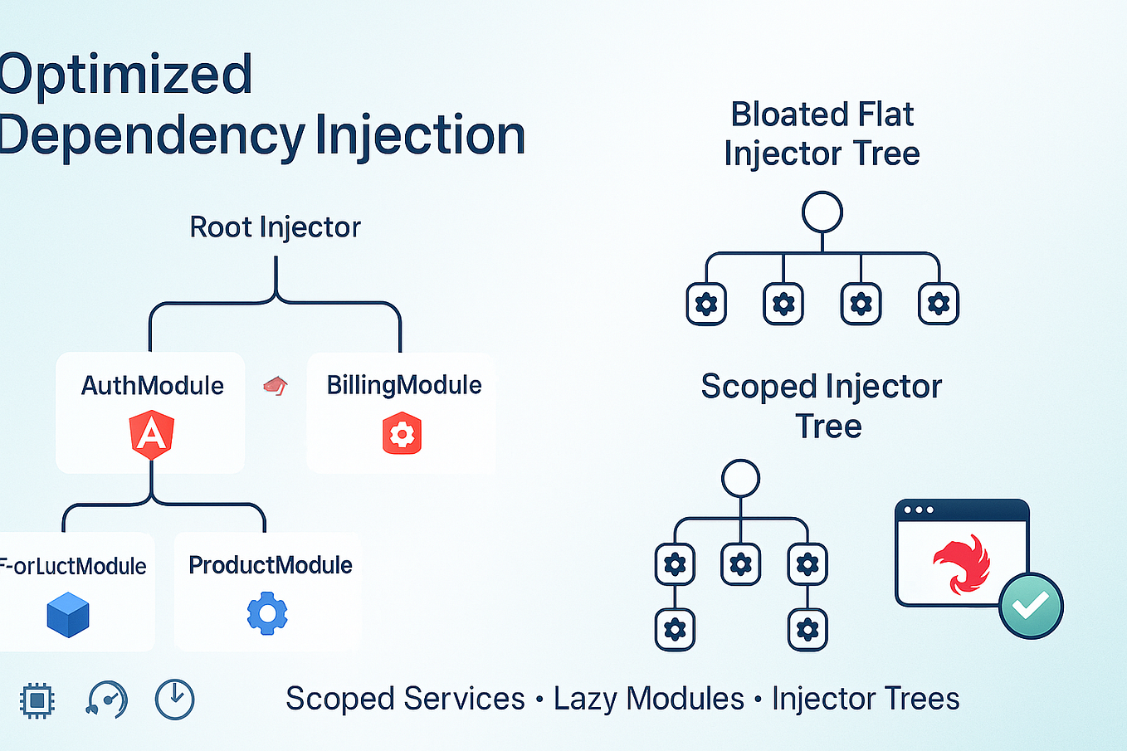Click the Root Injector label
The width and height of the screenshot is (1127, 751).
(x=275, y=227)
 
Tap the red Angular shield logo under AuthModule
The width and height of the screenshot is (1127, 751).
(x=152, y=435)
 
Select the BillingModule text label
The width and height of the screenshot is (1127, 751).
(x=403, y=385)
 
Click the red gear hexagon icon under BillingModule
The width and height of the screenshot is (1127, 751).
(x=402, y=435)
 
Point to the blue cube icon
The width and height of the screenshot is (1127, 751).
(x=68, y=615)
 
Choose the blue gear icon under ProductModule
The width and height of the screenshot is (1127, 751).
(x=267, y=614)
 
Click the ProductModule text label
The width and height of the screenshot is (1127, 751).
(x=271, y=565)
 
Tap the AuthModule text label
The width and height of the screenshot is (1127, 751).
(x=153, y=386)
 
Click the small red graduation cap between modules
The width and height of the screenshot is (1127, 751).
(x=276, y=385)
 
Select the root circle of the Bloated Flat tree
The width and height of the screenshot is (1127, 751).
(x=822, y=212)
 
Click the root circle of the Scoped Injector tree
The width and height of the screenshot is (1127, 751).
(x=740, y=478)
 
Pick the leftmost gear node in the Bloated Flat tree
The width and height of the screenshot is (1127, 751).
(x=706, y=305)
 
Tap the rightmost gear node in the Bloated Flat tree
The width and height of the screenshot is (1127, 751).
(x=939, y=305)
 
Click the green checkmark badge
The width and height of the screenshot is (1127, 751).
(x=1031, y=607)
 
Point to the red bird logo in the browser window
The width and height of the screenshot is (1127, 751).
(x=963, y=564)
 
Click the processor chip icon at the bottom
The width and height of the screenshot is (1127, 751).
(x=37, y=700)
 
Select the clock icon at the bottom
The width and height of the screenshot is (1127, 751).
(x=174, y=700)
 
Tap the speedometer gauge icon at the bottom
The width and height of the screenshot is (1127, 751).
(x=107, y=700)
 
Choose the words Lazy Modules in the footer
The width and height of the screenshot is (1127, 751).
(x=648, y=699)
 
